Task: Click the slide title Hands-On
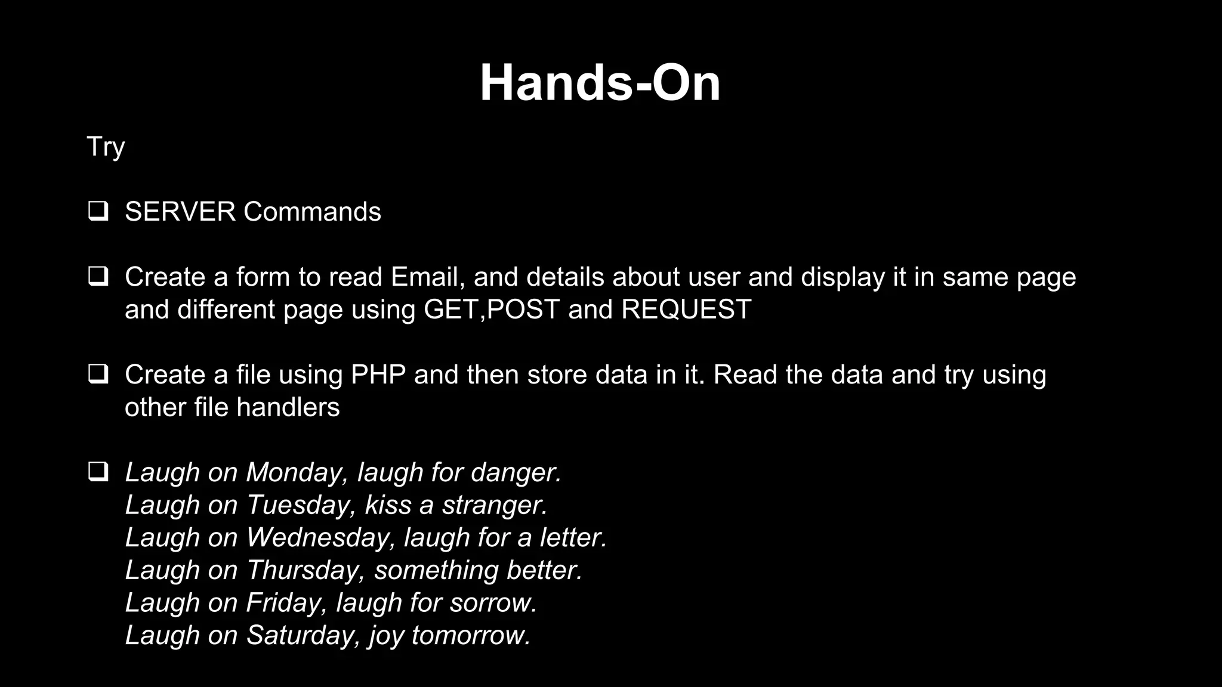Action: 600,83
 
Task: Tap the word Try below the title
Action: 106,147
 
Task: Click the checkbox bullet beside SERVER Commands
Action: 98,212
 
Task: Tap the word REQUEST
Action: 686,310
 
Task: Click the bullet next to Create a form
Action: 98,277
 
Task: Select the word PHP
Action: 378,375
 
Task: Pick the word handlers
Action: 288,407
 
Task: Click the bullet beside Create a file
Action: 98,375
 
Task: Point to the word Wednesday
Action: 320,537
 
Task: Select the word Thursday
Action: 304,570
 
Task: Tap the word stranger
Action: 494,505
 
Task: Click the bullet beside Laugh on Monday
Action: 98,472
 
